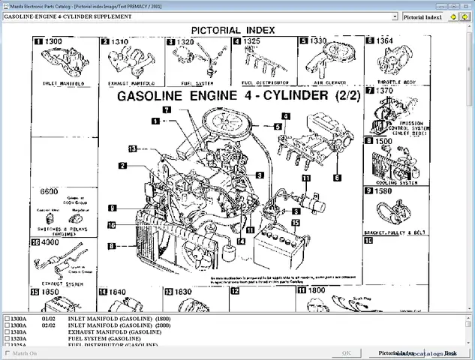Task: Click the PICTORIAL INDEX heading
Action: (233, 30)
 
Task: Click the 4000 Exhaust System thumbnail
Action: (65, 262)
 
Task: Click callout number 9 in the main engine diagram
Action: (111, 208)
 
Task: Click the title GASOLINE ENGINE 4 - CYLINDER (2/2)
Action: (232, 97)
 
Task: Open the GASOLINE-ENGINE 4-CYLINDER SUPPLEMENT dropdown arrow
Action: (395, 16)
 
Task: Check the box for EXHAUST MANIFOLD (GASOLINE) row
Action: (8, 331)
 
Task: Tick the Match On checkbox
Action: (8, 352)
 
